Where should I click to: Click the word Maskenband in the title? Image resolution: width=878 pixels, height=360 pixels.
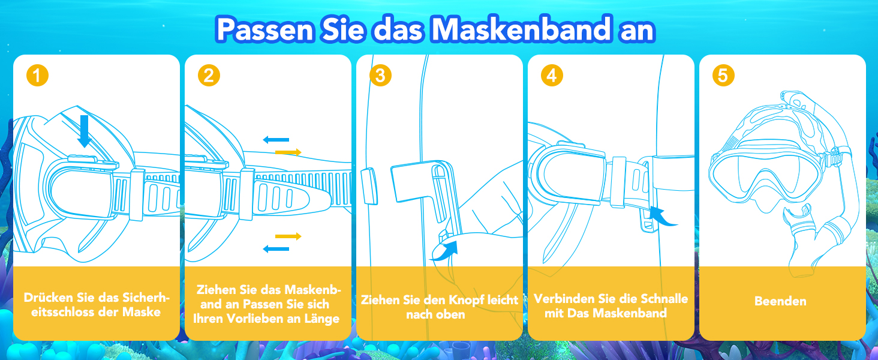521,29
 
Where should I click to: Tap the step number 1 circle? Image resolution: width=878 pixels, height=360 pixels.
37,75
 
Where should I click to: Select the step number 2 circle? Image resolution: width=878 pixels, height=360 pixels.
209,75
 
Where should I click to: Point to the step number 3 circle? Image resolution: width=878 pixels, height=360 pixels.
380,75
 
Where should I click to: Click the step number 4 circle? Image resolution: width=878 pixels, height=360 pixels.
552,75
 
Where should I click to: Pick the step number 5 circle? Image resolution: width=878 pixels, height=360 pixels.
723,75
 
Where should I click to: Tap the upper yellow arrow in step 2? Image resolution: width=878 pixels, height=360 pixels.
288,152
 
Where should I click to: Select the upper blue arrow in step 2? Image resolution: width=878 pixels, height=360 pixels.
276,140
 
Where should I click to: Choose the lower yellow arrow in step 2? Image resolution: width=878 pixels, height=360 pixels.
288,236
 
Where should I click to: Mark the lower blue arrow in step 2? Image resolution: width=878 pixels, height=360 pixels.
276,248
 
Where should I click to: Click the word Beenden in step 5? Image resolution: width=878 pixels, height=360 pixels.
780,301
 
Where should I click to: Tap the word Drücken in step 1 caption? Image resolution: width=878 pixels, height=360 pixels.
49,298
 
